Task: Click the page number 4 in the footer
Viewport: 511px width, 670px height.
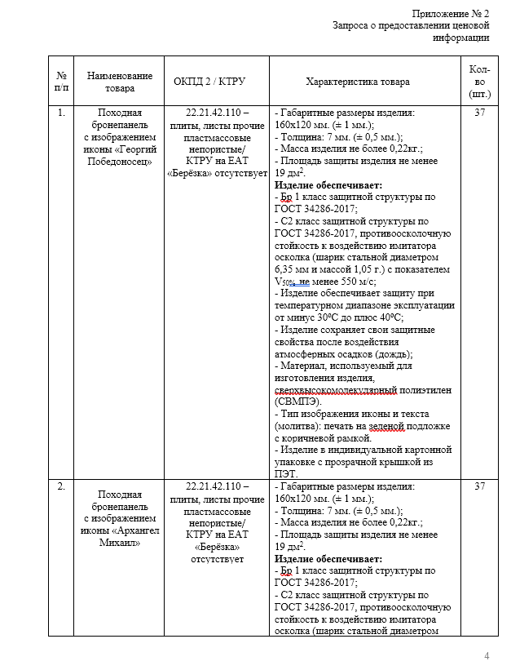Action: (x=487, y=656)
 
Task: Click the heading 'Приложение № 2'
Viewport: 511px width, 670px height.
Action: (x=450, y=14)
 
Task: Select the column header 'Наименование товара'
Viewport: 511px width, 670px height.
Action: (x=119, y=82)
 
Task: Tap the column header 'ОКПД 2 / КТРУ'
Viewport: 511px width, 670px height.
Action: (x=209, y=82)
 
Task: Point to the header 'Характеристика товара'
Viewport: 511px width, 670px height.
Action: (x=358, y=82)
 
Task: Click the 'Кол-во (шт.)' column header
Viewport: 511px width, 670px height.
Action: (x=479, y=82)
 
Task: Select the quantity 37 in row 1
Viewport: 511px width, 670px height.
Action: (x=479, y=113)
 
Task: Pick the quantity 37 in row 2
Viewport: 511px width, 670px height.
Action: (x=479, y=486)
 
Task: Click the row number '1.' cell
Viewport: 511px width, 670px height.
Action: (x=61, y=113)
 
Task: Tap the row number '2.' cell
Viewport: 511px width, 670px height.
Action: (x=61, y=486)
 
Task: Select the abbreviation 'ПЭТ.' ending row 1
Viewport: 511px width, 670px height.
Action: (x=287, y=473)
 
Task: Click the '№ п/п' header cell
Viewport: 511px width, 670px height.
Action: (x=61, y=82)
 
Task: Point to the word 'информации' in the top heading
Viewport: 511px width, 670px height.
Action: (x=461, y=38)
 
